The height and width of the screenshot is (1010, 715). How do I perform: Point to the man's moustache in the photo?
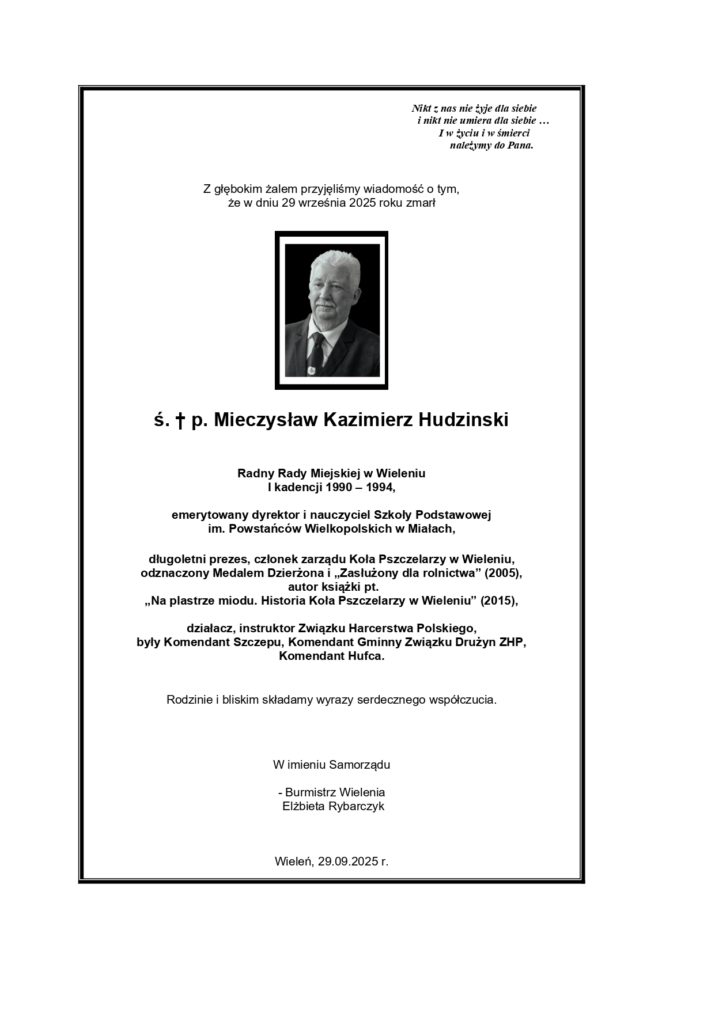point(324,303)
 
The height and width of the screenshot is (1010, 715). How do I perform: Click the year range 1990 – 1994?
point(360,487)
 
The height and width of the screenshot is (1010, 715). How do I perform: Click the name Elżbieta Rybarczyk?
point(333,806)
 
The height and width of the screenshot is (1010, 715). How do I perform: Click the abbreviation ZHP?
point(512,642)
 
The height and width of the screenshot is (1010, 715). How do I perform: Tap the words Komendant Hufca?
point(331,656)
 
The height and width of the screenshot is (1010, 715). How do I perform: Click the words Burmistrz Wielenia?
point(335,792)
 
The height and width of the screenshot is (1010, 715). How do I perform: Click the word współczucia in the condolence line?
point(463,700)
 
